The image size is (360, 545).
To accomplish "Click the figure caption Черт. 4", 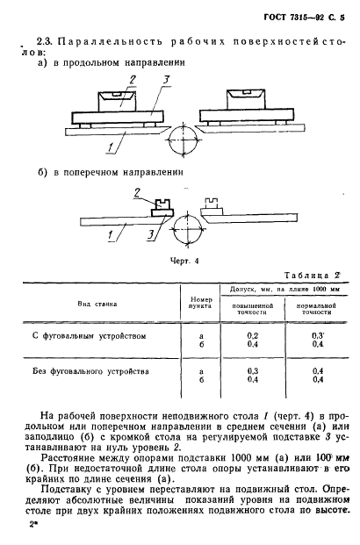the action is [185, 260].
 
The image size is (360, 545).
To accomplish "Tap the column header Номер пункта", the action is [201, 302].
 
